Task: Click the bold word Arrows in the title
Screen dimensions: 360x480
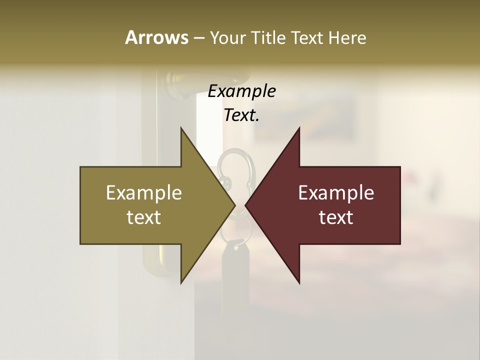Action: pos(156,37)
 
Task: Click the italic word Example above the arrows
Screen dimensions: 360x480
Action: pos(241,91)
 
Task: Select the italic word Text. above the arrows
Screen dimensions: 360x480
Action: pos(241,115)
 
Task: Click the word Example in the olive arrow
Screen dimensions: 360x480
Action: pos(144,193)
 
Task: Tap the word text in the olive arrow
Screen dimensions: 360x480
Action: pos(144,217)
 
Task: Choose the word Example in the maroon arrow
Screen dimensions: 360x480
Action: pos(336,193)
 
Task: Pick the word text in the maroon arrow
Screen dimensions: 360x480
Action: pos(336,217)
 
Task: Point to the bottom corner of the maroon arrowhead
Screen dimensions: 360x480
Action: pos(299,282)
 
